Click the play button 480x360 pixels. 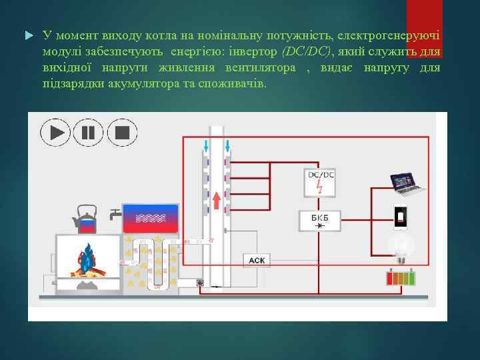pyautogui.click(x=56, y=132)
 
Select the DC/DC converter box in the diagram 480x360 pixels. pyautogui.click(x=321, y=181)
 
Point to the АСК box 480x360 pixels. pyautogui.click(x=257, y=260)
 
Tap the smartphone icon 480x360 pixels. pyautogui.click(x=400, y=217)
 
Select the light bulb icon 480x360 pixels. pyautogui.click(x=401, y=246)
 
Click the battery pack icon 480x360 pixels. pyautogui.click(x=401, y=277)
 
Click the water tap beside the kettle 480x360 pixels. pyautogui.click(x=115, y=215)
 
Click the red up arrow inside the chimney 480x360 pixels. pyautogui.click(x=217, y=200)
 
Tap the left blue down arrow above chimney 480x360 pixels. pyautogui.click(x=207, y=145)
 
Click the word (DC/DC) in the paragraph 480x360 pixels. pyautogui.click(x=305, y=51)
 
